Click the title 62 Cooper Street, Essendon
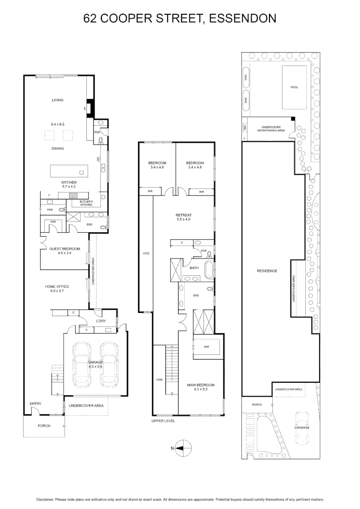coord(180,18)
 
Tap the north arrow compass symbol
coord(182,448)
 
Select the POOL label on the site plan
coord(294,88)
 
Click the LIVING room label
coord(57,100)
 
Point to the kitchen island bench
coord(69,170)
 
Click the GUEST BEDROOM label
coord(65,248)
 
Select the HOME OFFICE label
coord(57,287)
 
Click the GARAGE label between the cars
coord(95,362)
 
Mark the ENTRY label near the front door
coord(35,403)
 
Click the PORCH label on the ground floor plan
coord(44,426)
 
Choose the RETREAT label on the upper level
coord(184,215)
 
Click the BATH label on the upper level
coord(194,268)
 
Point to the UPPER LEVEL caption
coord(163,421)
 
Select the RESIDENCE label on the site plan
coord(267,271)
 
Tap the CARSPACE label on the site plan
coord(302,427)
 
